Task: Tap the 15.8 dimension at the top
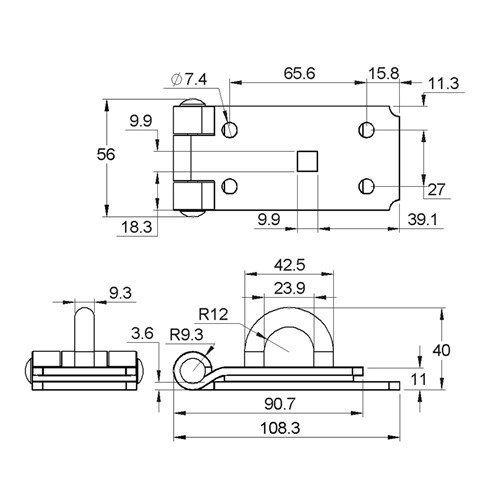click(383, 73)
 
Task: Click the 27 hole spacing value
click(437, 189)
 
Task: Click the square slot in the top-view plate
click(308, 158)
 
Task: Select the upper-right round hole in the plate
click(367, 130)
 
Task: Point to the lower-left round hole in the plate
click(232, 185)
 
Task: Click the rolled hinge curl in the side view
click(188, 369)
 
